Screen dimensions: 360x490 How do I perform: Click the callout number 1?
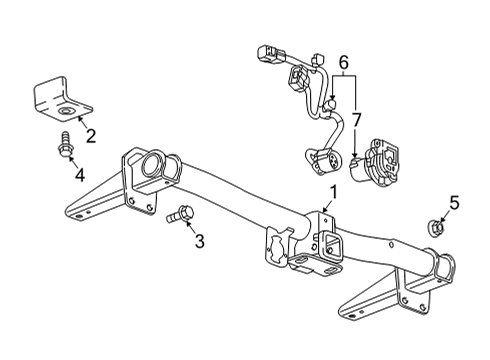(x=333, y=192)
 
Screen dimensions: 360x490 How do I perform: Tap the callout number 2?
(x=90, y=136)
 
